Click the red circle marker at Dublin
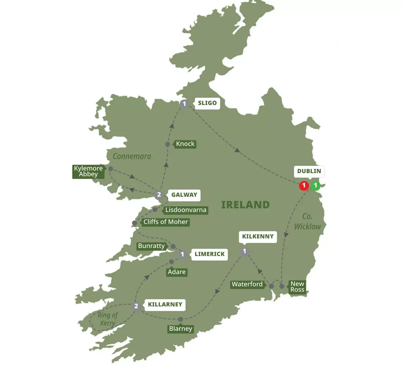point(304,186)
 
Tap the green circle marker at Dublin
point(315,186)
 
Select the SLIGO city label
point(207,103)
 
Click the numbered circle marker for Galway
point(159,195)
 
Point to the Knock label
point(185,144)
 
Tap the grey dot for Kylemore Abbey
point(111,169)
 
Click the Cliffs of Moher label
point(165,222)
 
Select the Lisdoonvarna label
point(185,210)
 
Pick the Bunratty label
point(151,246)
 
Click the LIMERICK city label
point(209,254)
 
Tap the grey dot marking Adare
point(171,262)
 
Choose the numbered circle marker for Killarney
point(136,306)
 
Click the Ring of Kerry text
point(107,319)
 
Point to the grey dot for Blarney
point(181,319)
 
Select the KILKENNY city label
point(257,236)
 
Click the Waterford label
point(247,284)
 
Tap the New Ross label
point(297,287)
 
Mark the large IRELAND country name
point(245,205)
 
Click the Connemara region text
point(132,156)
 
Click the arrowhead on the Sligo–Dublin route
point(237,150)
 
